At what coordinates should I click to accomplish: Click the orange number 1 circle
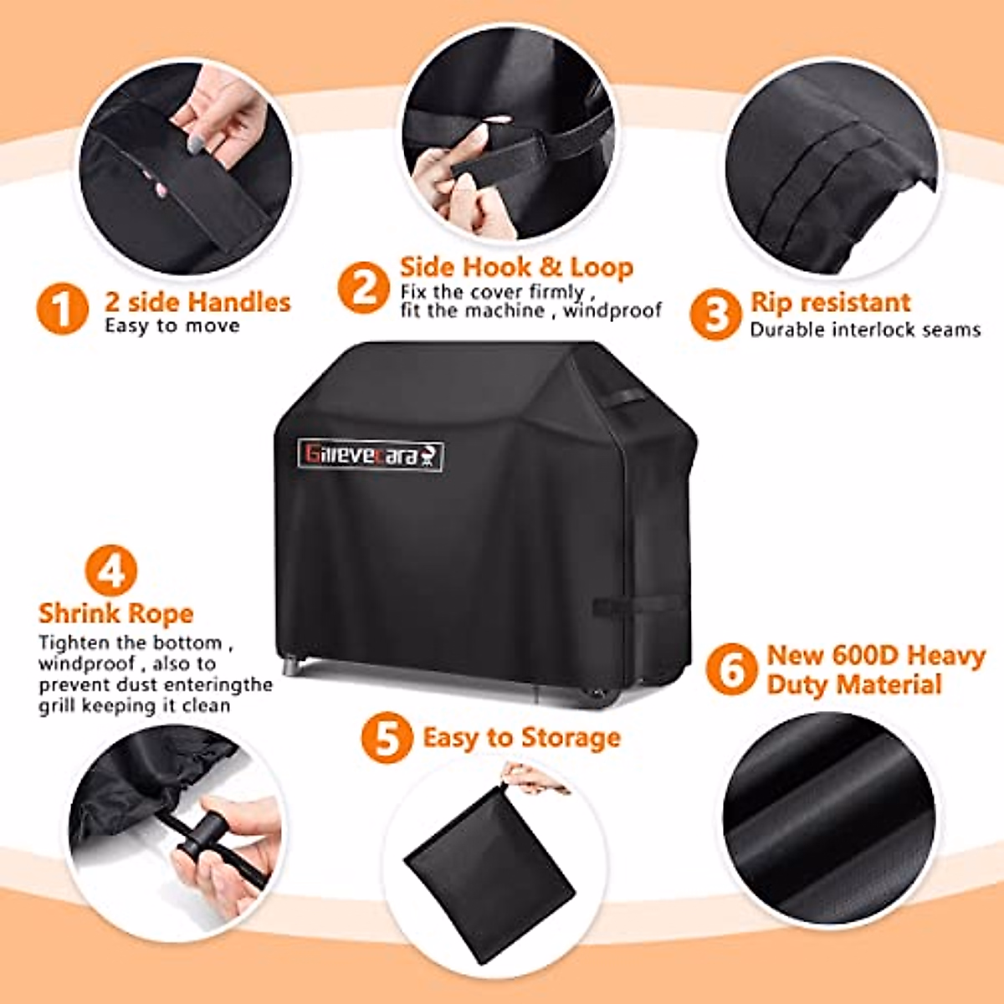pyautogui.click(x=62, y=309)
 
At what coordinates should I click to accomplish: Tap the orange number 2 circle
pyautogui.click(x=364, y=287)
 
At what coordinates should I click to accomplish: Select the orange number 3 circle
pyautogui.click(x=715, y=314)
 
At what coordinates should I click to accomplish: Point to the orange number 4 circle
pyautogui.click(x=111, y=571)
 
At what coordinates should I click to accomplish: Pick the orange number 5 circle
pyautogui.click(x=387, y=737)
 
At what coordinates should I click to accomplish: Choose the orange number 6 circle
pyautogui.click(x=731, y=668)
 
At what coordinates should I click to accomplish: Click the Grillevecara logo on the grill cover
pyautogui.click(x=371, y=455)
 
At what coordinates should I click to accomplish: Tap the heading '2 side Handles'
pyautogui.click(x=197, y=301)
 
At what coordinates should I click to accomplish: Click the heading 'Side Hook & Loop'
pyautogui.click(x=516, y=267)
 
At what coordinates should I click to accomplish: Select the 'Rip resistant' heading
pyautogui.click(x=830, y=302)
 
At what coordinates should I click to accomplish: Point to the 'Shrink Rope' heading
pyautogui.click(x=115, y=613)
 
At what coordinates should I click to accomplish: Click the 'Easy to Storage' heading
pyautogui.click(x=521, y=737)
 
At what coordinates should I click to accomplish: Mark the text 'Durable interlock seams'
pyautogui.click(x=865, y=330)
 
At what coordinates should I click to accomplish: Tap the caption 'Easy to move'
pyautogui.click(x=172, y=325)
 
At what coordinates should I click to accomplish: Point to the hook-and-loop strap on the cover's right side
pyautogui.click(x=616, y=605)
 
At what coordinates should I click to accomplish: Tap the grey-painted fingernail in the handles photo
pyautogui.click(x=194, y=146)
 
